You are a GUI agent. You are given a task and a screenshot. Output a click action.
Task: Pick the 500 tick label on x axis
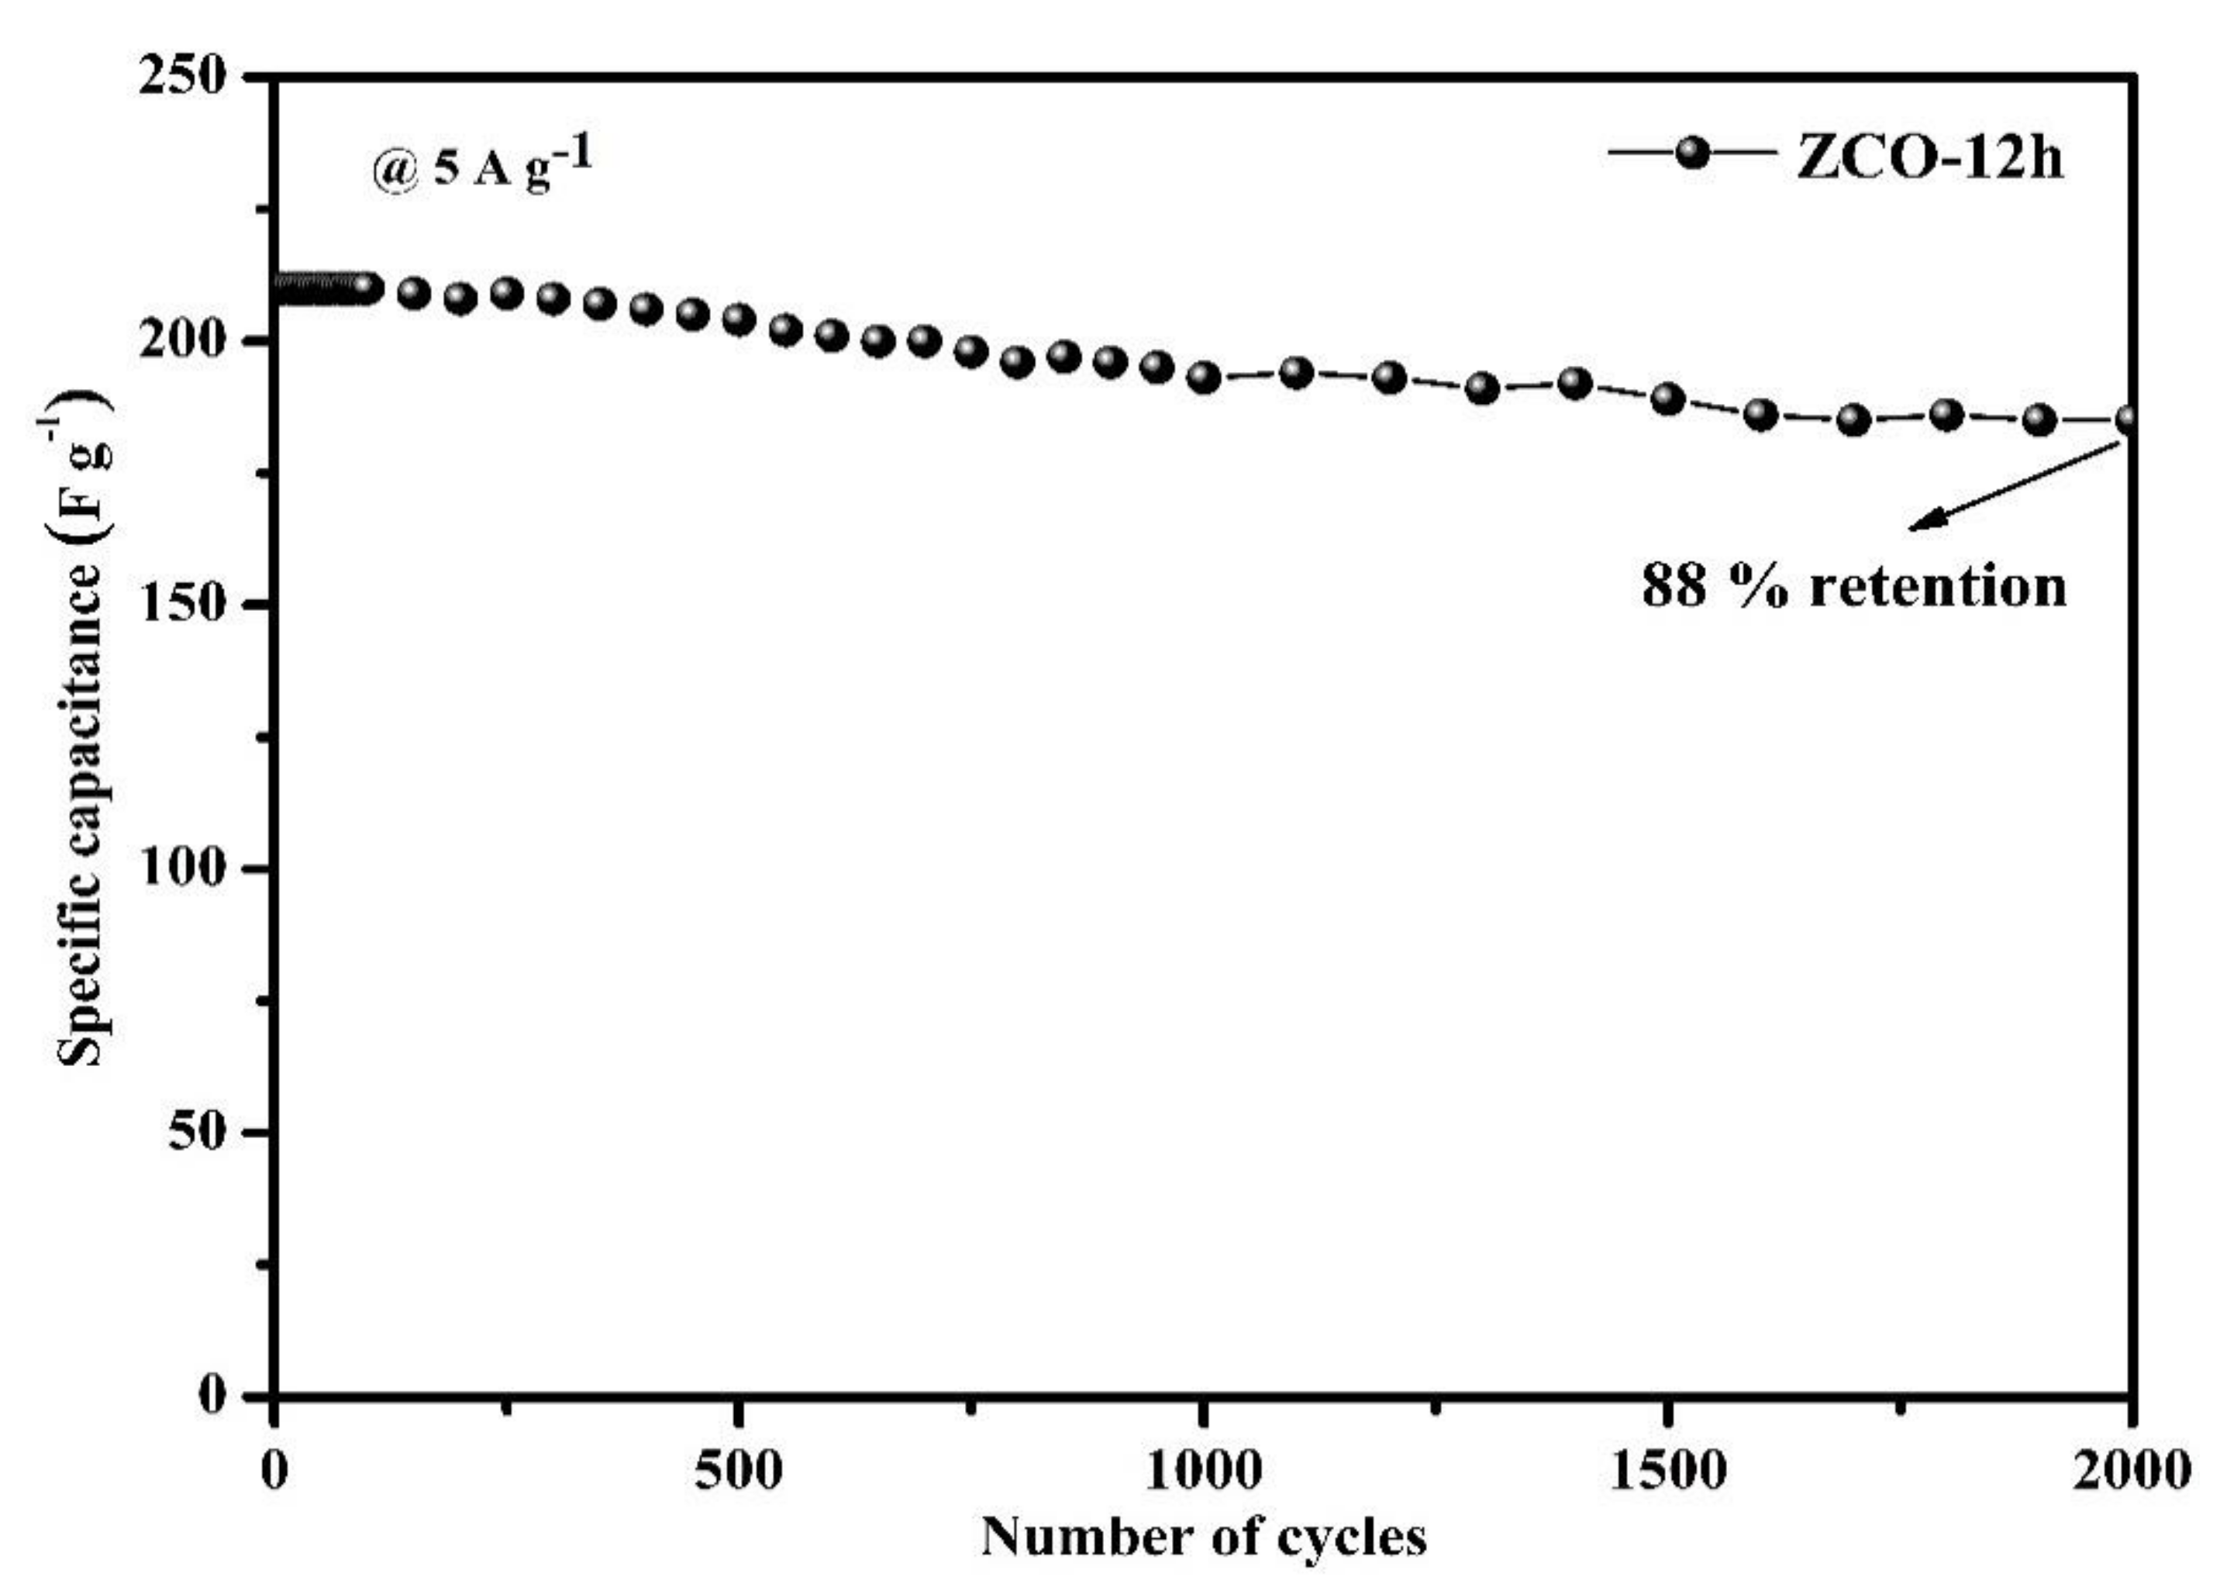click(x=738, y=1471)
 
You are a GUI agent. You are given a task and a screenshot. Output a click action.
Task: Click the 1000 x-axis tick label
click(x=1202, y=1471)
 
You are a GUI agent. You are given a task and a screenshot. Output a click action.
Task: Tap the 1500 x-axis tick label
click(x=1667, y=1471)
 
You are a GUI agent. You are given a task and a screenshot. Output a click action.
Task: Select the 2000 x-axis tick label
click(x=2130, y=1471)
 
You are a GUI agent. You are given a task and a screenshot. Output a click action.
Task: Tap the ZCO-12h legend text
click(x=1929, y=157)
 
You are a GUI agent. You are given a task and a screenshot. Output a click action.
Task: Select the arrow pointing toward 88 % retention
click(x=2011, y=485)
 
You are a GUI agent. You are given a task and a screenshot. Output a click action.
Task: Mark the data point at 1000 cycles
click(x=1204, y=377)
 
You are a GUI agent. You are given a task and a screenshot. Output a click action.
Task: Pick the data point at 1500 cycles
click(x=1668, y=399)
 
